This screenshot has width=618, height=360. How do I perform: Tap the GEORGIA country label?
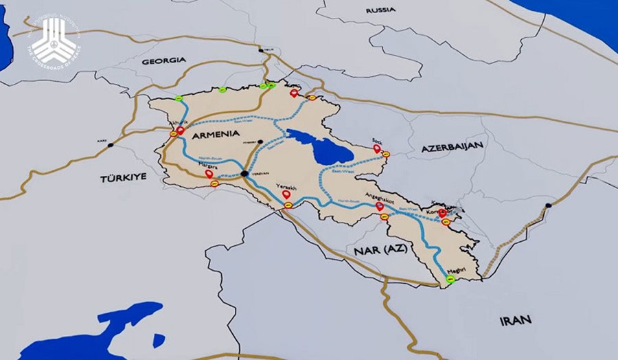(163, 61)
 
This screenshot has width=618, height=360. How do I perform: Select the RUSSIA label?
(381, 10)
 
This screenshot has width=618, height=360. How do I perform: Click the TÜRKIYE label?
(124, 177)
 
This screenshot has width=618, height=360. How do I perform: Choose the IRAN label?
(516, 320)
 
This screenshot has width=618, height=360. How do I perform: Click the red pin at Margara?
(209, 174)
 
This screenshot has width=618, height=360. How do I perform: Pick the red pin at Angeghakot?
(379, 205)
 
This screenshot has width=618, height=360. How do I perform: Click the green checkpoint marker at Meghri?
(450, 280)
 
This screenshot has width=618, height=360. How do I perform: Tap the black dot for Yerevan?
(245, 175)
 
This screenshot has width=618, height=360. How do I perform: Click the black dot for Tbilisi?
(260, 50)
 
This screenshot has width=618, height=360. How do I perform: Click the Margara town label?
(207, 166)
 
